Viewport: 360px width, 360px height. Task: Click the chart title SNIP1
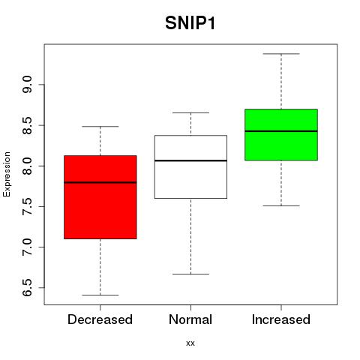click(x=190, y=23)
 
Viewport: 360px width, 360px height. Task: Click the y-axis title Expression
click(x=7, y=174)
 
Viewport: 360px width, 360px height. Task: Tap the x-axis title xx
click(x=190, y=343)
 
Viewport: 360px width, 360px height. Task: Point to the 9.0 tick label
click(x=27, y=85)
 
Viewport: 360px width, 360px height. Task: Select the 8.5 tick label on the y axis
click(x=27, y=125)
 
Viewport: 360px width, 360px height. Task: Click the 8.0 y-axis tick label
click(x=27, y=166)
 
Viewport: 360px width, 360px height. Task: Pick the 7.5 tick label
click(x=27, y=207)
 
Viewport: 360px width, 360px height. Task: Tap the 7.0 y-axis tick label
click(x=27, y=247)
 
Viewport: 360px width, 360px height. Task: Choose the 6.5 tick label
click(x=27, y=288)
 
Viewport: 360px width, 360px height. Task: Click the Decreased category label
click(x=100, y=319)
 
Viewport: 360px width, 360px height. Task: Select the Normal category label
click(x=190, y=319)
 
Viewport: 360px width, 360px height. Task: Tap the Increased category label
click(x=281, y=319)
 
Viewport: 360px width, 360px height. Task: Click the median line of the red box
click(x=100, y=182)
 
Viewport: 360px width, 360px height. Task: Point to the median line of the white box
click(x=190, y=160)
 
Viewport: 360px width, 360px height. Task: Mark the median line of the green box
click(x=281, y=131)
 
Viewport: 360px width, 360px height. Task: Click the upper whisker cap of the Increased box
click(x=281, y=54)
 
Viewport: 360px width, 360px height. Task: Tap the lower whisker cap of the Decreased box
click(x=100, y=295)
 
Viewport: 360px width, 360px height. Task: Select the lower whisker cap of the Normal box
click(x=190, y=274)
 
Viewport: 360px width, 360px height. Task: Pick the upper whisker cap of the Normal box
click(x=190, y=112)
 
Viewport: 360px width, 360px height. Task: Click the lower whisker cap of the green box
click(x=281, y=205)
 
